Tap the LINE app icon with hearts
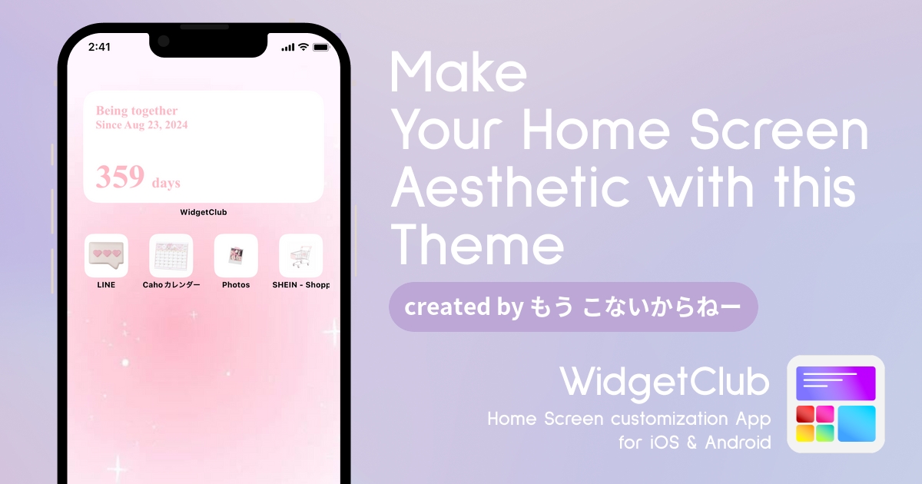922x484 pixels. (x=106, y=256)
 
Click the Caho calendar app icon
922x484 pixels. (x=171, y=256)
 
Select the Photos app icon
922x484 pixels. (x=236, y=256)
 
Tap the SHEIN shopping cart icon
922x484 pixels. (x=301, y=256)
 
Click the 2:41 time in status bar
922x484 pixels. (x=99, y=47)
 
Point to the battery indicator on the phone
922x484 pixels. (x=321, y=48)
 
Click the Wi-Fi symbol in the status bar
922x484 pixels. (x=303, y=47)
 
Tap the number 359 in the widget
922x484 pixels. (x=120, y=177)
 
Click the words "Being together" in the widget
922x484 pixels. (x=137, y=111)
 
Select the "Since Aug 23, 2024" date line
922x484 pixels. (x=141, y=124)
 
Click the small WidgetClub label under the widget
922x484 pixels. (x=204, y=212)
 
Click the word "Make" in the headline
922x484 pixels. (x=458, y=72)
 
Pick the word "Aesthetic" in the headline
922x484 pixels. (x=510, y=187)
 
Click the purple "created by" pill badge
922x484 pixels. (x=573, y=307)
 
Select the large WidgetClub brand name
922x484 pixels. (x=665, y=383)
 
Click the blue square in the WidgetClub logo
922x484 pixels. (x=857, y=423)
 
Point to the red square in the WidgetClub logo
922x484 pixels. (x=805, y=414)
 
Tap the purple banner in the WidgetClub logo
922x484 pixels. (x=836, y=383)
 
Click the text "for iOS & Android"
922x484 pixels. (x=695, y=443)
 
